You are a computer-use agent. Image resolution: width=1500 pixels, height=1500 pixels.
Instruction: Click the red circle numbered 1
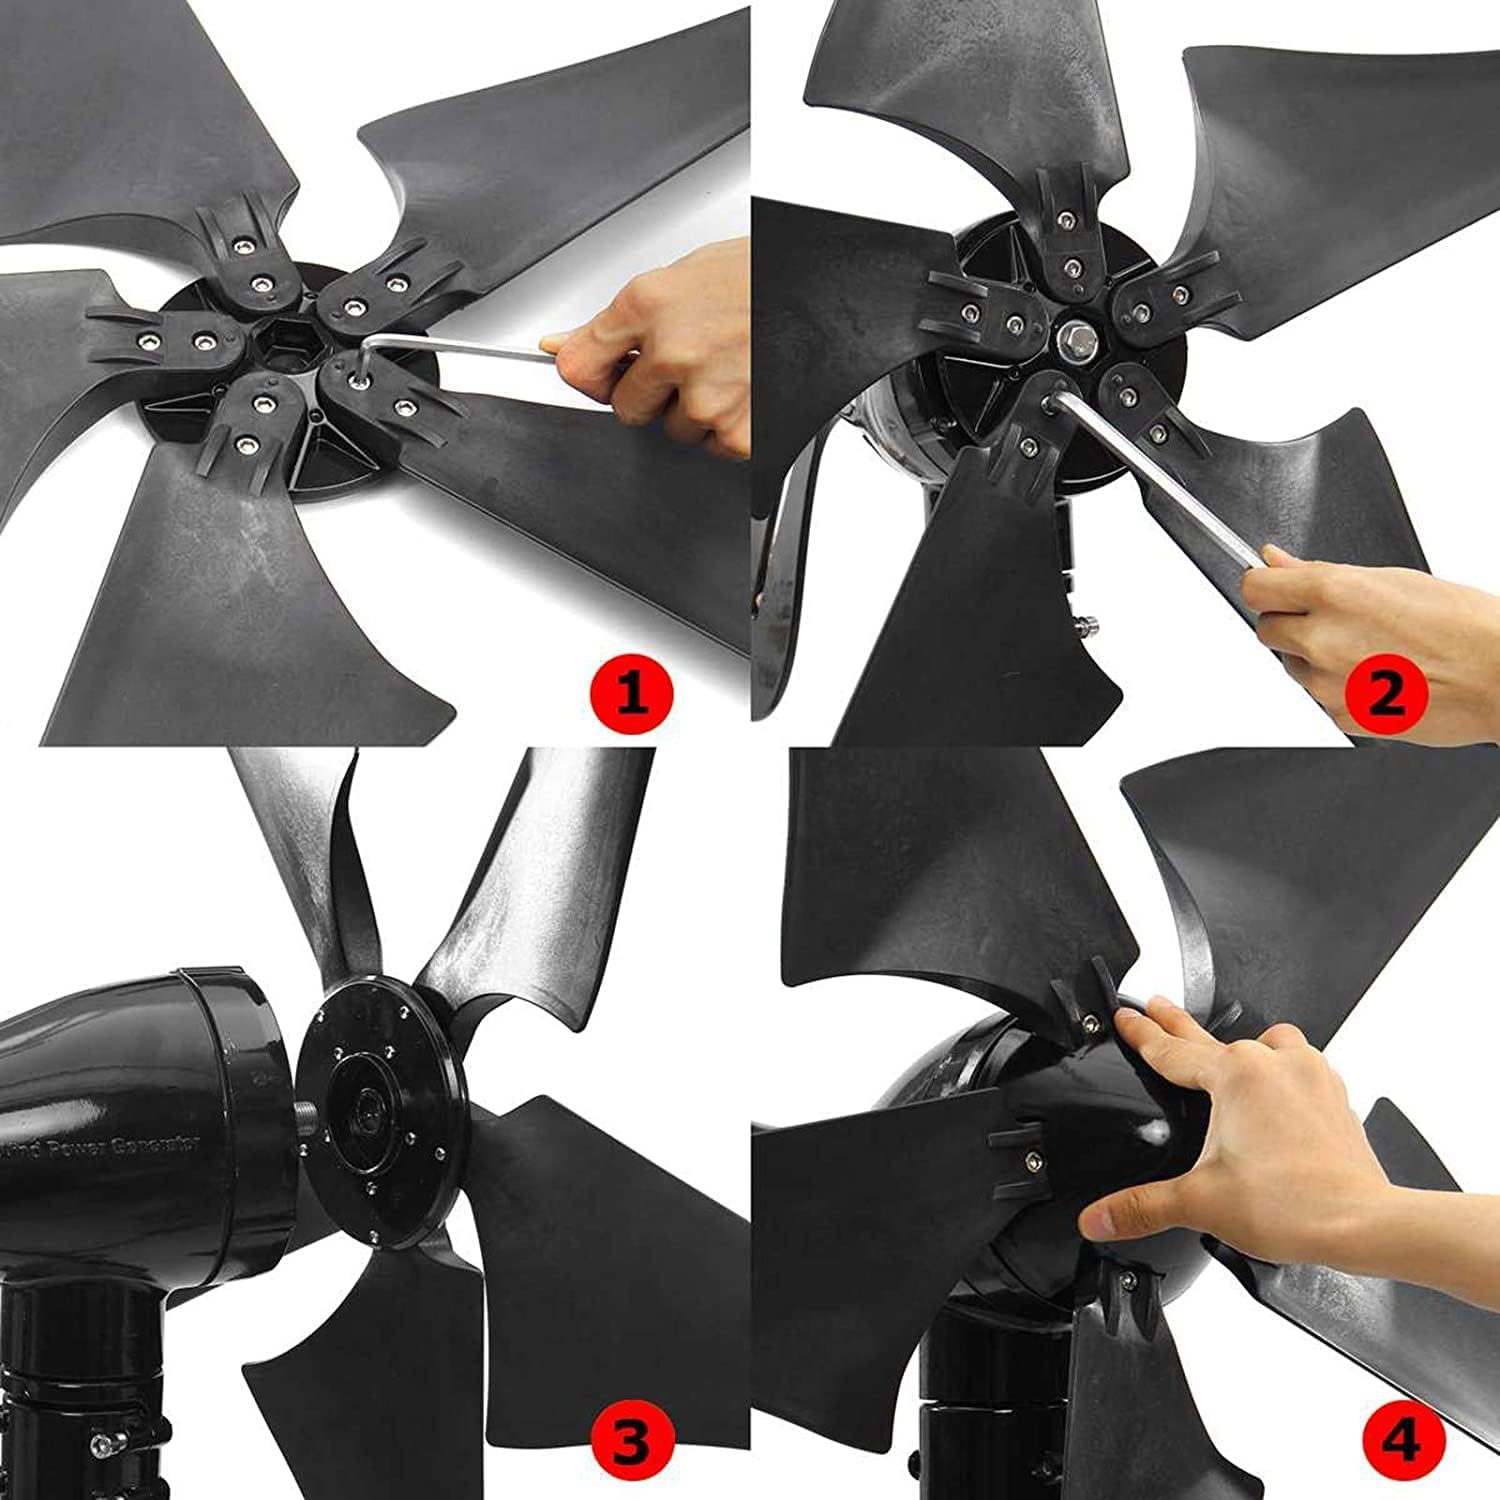click(x=631, y=693)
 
